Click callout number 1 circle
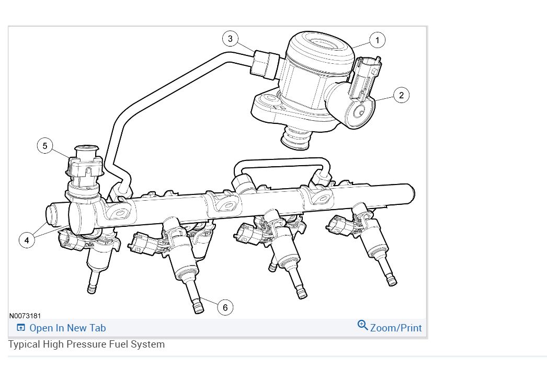377,40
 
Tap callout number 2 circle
401,95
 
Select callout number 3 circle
230,38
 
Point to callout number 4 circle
27,240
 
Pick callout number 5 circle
45,146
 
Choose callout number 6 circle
225,307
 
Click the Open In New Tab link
67,328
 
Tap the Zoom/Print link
396,328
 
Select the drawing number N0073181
25,316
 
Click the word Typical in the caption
24,344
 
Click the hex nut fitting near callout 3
264,64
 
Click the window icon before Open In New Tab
21,328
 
